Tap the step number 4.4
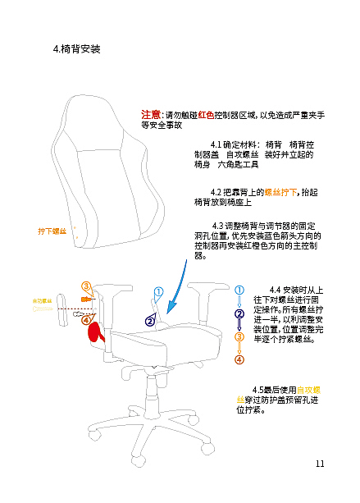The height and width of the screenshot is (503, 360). pyautogui.click(x=276, y=290)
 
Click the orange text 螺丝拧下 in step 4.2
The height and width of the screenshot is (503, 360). pyautogui.click(x=280, y=191)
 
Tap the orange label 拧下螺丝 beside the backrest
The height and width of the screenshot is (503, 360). pyautogui.click(x=52, y=232)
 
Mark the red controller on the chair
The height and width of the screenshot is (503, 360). pyautogui.click(x=97, y=332)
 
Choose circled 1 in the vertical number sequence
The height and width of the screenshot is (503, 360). pyautogui.click(x=239, y=290)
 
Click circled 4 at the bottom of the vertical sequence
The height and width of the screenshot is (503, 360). pyautogui.click(x=239, y=359)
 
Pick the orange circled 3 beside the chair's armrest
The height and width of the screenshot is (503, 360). pyautogui.click(x=86, y=286)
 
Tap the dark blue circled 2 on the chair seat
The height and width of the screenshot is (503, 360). pyautogui.click(x=149, y=321)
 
